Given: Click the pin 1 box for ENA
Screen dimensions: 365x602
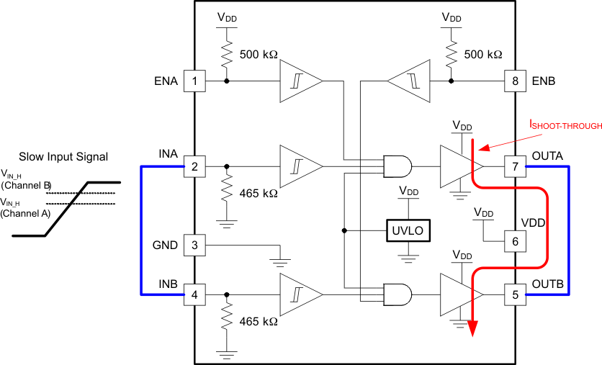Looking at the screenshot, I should (x=194, y=81).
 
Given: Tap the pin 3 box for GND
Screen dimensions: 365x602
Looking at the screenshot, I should (x=194, y=245).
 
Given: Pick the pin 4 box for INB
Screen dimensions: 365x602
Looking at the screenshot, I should (x=194, y=294).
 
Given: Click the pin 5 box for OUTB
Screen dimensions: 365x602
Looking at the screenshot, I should (x=514, y=294).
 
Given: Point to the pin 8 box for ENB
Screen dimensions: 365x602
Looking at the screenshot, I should (x=514, y=81).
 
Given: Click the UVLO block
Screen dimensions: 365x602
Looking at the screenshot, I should (x=408, y=230).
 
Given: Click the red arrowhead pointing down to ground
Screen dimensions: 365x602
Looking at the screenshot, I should (x=473, y=328).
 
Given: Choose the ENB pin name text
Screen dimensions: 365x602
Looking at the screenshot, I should (x=544, y=81).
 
